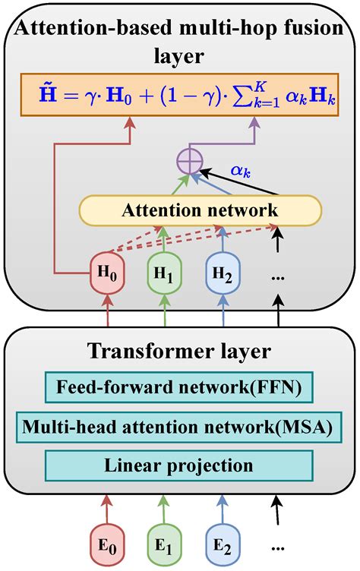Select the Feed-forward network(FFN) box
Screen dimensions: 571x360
coord(179,389)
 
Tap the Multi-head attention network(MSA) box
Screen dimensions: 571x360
coord(179,427)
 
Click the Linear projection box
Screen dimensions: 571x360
coord(179,464)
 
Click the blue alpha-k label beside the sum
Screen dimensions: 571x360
coord(241,172)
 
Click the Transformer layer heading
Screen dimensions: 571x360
coord(179,351)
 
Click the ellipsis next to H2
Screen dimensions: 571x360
coord(277,278)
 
